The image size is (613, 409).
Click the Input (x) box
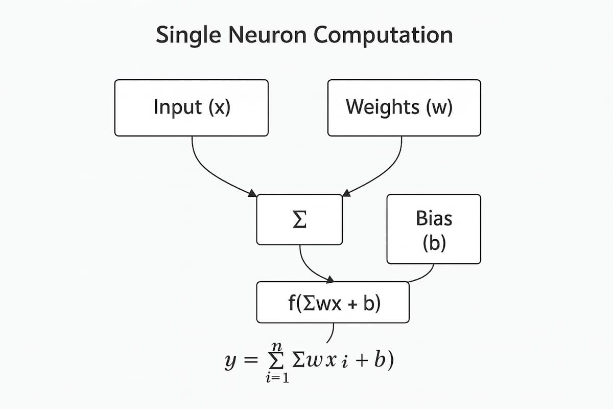[x=192, y=108]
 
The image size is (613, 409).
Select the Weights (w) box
[x=404, y=108]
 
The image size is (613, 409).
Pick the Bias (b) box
[x=434, y=229]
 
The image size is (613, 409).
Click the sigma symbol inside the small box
[x=299, y=219]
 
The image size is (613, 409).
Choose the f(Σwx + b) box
[x=333, y=303]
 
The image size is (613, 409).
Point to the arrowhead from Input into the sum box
[x=253, y=194]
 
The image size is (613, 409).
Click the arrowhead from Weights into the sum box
[x=346, y=193]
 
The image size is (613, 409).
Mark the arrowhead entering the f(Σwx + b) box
[x=330, y=280]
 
